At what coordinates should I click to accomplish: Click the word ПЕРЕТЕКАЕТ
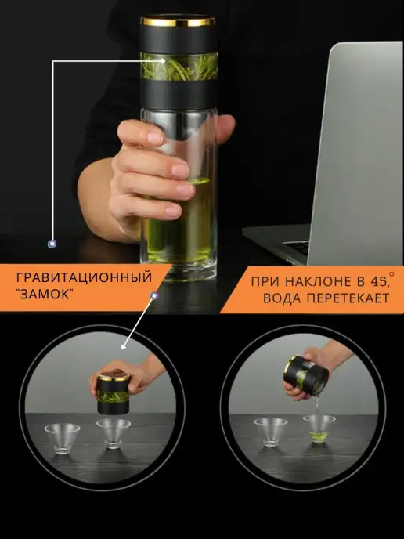coord(348,298)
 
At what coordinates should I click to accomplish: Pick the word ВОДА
coord(282,298)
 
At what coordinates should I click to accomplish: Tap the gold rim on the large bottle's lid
coord(179,22)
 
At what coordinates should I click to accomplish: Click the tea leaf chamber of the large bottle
coord(179,67)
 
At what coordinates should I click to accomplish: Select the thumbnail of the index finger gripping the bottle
coord(156,138)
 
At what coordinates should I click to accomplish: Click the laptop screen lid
coord(357,153)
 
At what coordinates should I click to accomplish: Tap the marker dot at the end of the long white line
coord(52,244)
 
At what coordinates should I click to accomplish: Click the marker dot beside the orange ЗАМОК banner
coord(154,295)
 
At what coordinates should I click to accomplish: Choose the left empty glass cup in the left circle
coord(62,439)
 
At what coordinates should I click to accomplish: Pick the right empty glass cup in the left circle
coord(114,433)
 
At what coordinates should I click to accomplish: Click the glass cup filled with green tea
coord(319,428)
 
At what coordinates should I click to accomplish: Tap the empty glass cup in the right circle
coord(271,432)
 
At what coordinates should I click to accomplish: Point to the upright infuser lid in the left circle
coord(114,393)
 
